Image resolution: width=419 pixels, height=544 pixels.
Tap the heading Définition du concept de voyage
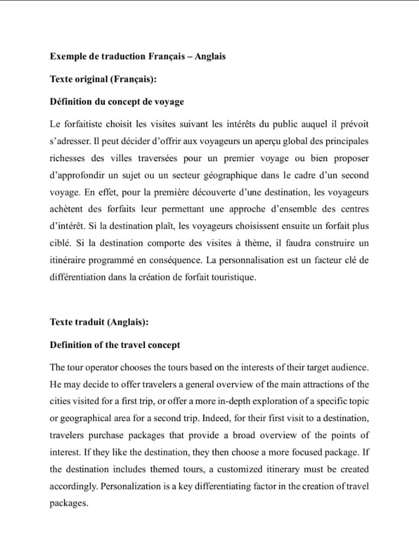[x=117, y=102]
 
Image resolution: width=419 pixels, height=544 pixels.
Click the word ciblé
[x=61, y=244]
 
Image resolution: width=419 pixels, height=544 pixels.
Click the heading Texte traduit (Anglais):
[x=99, y=322]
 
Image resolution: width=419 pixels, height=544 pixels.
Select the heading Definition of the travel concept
[x=115, y=345]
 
